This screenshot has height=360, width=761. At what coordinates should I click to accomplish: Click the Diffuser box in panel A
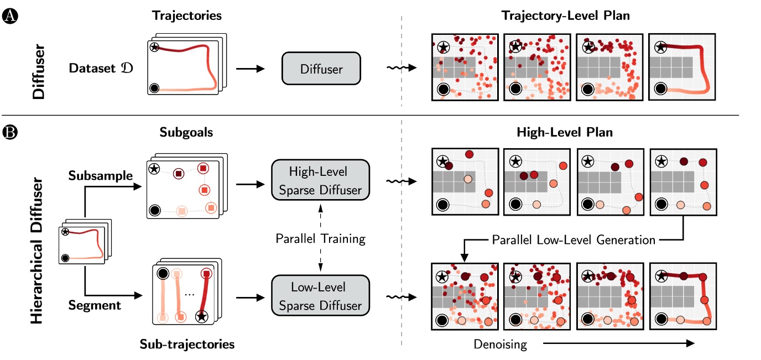point(321,70)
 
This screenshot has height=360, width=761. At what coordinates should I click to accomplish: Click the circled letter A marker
point(9,17)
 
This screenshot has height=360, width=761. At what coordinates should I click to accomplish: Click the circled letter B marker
point(9,133)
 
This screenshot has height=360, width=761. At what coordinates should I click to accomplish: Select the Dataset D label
point(101,69)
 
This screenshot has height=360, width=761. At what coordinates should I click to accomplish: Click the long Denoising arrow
point(617,343)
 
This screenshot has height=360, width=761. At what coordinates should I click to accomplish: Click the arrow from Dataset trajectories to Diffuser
point(251,70)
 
